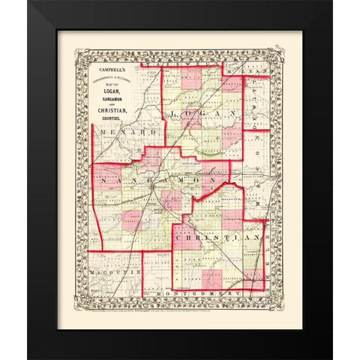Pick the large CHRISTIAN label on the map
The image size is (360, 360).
217,237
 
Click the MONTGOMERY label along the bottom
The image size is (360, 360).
206,293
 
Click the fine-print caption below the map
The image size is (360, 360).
180,303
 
